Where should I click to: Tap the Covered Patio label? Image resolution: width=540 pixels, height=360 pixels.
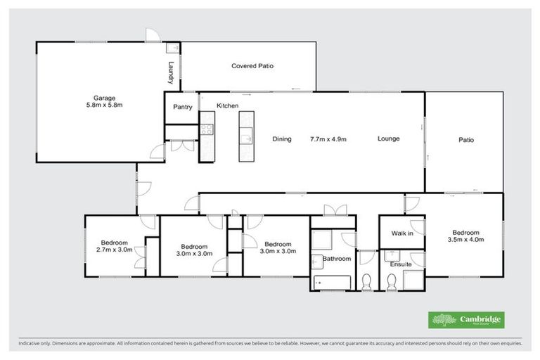coord(252,66)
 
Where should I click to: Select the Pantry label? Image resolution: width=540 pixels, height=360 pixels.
coord(183,106)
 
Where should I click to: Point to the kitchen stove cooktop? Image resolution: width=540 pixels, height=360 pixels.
coord(207,129)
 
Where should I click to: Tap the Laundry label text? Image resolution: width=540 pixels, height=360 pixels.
coord(171,73)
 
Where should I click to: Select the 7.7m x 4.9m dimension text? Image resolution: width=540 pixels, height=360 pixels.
coord(328,139)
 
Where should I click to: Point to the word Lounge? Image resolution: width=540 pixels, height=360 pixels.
coord(388,139)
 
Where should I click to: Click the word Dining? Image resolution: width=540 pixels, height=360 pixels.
coord(282,139)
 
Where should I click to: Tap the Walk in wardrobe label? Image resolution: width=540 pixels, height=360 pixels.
coord(401,233)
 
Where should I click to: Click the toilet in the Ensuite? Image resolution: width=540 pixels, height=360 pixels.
coord(392,283)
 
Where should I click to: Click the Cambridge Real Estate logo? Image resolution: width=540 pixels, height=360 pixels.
coord(465,320)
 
